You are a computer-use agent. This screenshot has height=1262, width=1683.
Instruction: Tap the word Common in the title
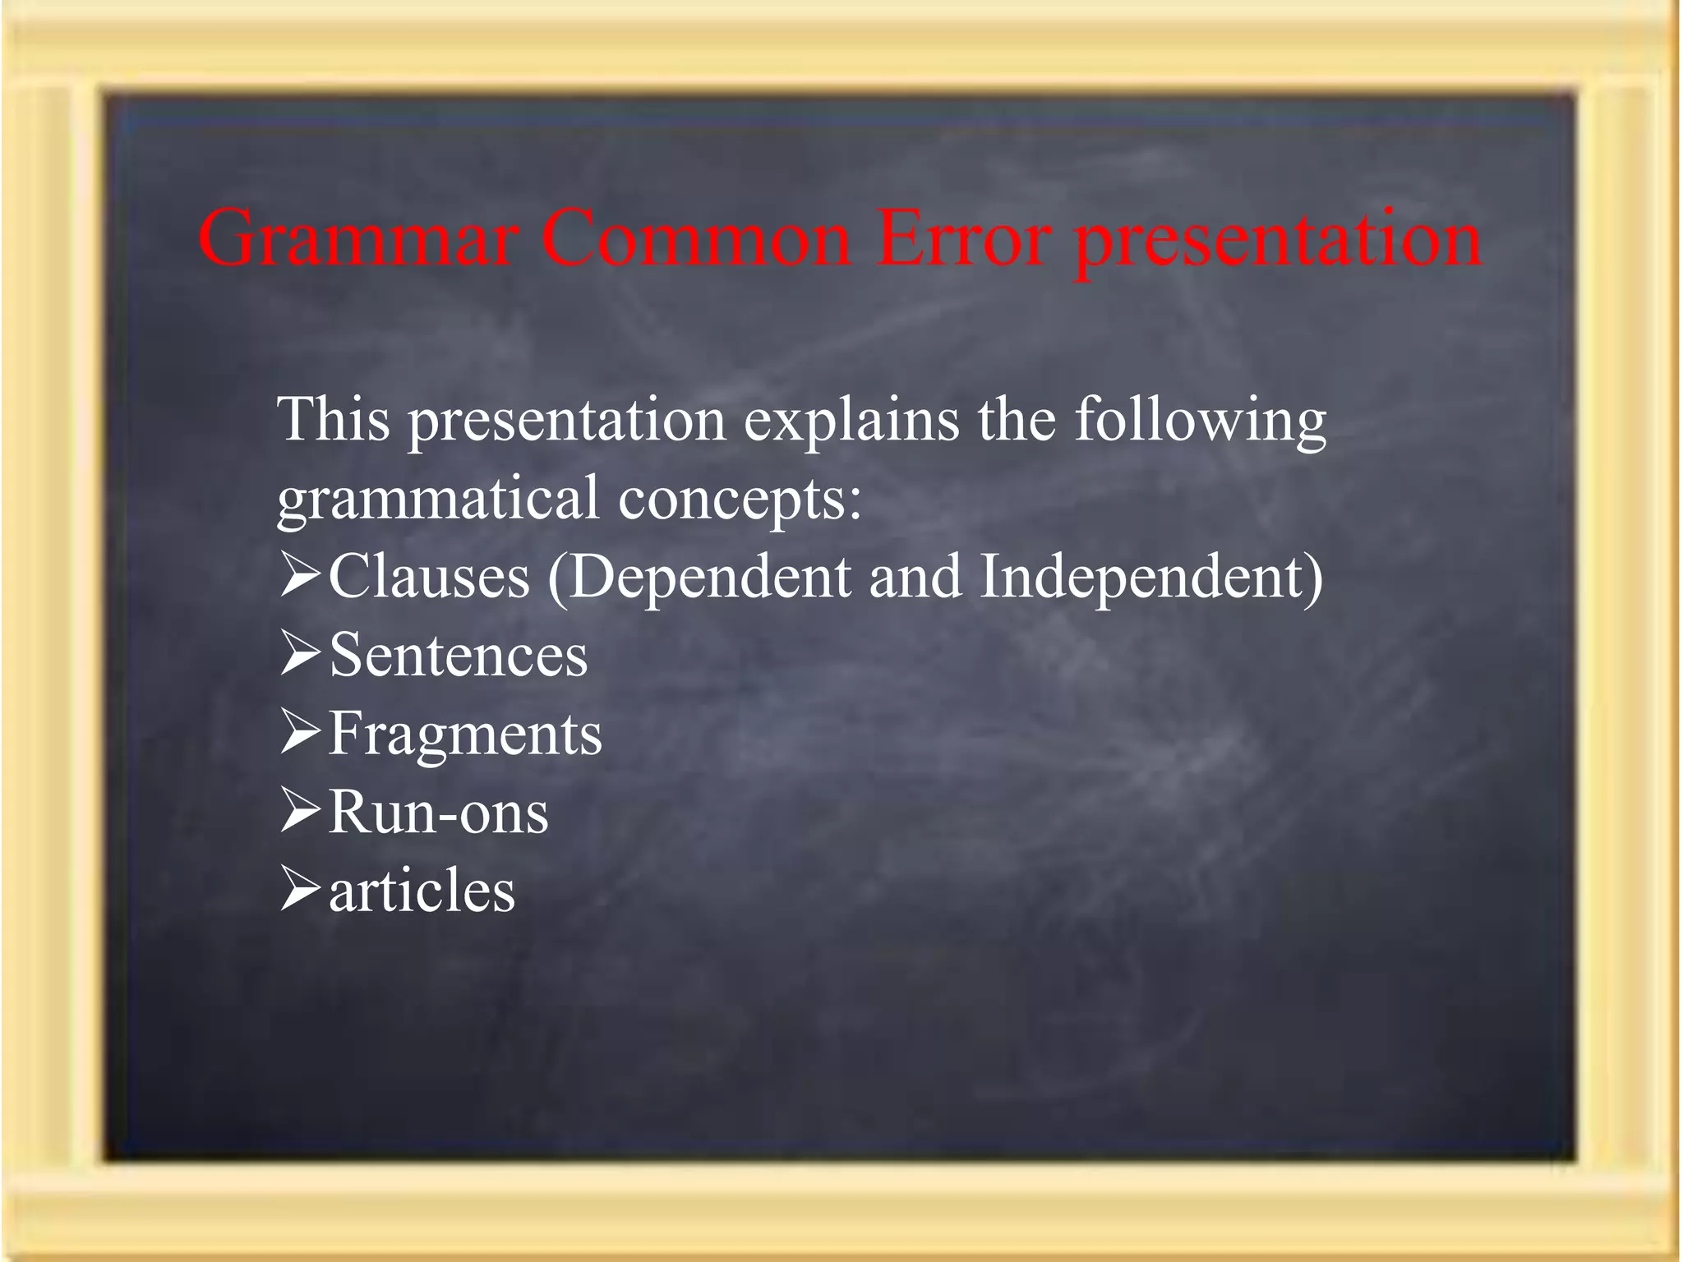(x=695, y=238)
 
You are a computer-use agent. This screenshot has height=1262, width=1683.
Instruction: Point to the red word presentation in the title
(x=1279, y=242)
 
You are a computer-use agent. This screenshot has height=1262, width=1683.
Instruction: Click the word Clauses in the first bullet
(x=429, y=576)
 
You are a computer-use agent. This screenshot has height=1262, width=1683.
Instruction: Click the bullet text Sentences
(x=458, y=655)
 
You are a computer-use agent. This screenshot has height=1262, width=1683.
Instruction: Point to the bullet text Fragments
(x=465, y=734)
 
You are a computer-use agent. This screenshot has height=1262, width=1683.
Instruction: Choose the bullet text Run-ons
(x=438, y=813)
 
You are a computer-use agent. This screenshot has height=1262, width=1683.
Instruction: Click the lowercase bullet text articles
(x=422, y=891)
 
